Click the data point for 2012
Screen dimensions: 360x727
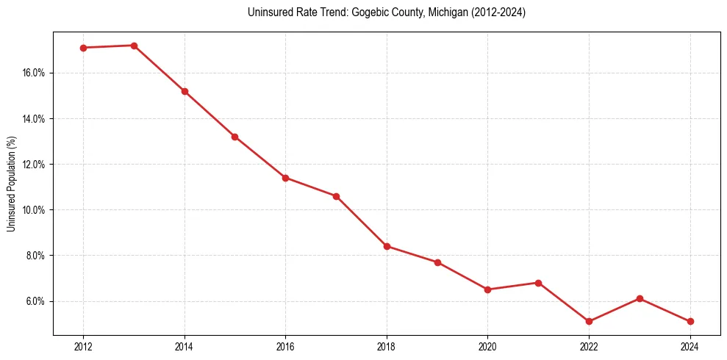[83, 48]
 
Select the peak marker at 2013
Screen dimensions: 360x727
[134, 46]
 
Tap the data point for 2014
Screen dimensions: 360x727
[185, 91]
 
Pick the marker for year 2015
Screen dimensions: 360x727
[234, 137]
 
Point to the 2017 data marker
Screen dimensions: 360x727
[336, 196]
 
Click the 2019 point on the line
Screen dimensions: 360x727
[437, 262]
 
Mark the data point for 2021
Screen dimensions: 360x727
[538, 283]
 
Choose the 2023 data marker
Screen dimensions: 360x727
[640, 298]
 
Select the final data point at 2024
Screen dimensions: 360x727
[690, 321]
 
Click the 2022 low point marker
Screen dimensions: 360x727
[589, 321]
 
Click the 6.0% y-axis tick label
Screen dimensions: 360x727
[35, 301]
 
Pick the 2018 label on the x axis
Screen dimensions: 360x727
[387, 346]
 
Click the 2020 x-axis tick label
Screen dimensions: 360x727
[487, 346]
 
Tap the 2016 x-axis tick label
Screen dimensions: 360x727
[285, 346]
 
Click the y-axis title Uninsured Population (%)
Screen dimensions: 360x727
[12, 184]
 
